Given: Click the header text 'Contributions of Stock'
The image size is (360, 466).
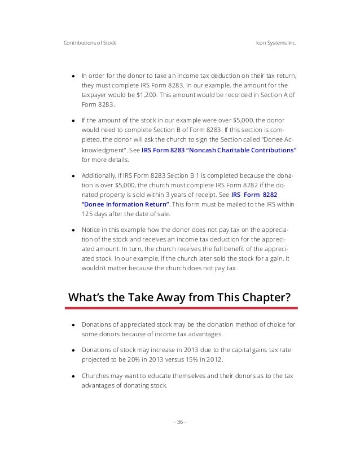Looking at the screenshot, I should point(90,43).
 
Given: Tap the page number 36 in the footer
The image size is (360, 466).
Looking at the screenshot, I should point(180,421).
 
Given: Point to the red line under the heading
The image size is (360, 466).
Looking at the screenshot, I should point(181,308).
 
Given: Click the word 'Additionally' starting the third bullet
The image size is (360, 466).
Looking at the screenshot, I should point(98,175).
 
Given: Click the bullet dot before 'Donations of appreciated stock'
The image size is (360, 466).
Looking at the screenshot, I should point(73,326).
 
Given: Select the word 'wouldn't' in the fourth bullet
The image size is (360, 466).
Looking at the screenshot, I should point(95,268).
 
